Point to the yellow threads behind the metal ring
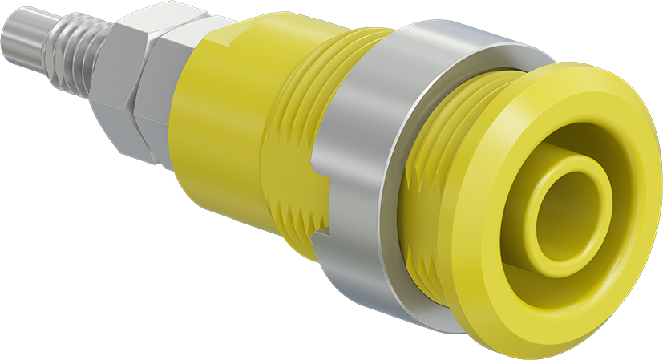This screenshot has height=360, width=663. click(293, 160)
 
